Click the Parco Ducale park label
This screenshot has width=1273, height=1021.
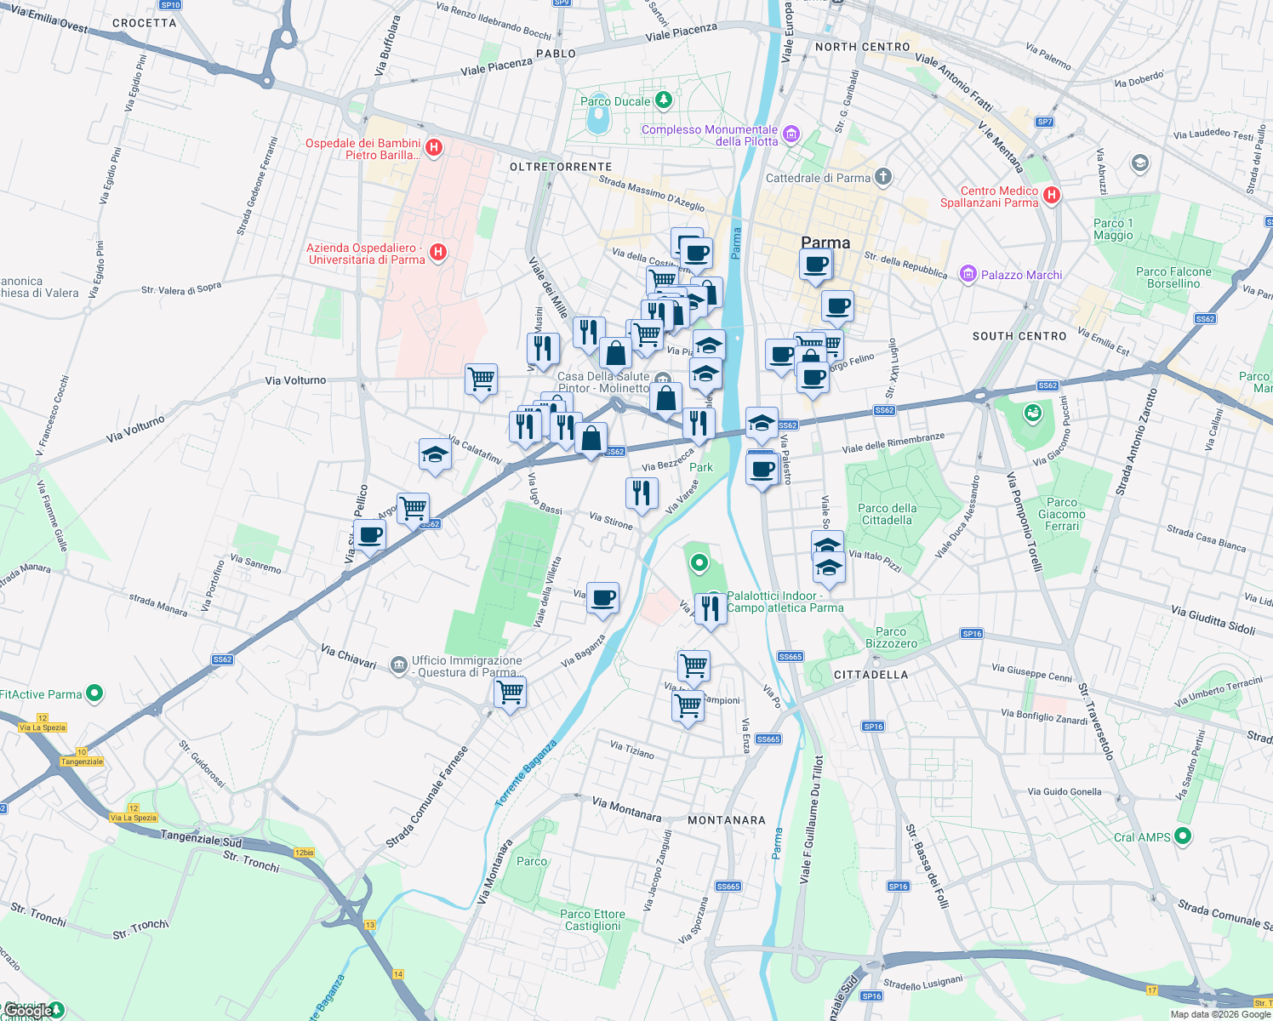[x=615, y=101]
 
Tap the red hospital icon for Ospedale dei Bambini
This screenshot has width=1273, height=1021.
[x=434, y=147]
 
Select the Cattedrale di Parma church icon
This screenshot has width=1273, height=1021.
[x=883, y=177]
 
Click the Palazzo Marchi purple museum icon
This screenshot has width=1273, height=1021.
[x=968, y=274]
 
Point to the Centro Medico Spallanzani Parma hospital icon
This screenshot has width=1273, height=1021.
[x=1052, y=195]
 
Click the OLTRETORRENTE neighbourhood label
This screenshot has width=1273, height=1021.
[x=561, y=167]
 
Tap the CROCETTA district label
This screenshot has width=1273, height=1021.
[x=145, y=23]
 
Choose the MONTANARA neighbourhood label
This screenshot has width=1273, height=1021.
[x=727, y=820]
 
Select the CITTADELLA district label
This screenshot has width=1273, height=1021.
[x=871, y=675]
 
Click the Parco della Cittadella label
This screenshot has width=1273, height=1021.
[x=887, y=514]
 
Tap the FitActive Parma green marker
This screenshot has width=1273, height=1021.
[x=95, y=693]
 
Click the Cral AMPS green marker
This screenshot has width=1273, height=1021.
[x=1183, y=836]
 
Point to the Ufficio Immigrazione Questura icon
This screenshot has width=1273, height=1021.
[x=399, y=665]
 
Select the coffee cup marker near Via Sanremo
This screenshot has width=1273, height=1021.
[x=371, y=536]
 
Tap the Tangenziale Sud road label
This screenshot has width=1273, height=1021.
[x=202, y=839]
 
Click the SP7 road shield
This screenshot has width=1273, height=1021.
[x=1045, y=122]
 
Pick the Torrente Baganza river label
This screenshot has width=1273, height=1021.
[x=526, y=773]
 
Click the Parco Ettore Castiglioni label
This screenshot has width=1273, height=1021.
[x=593, y=920]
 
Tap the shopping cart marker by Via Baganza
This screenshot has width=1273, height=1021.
[x=511, y=693]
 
